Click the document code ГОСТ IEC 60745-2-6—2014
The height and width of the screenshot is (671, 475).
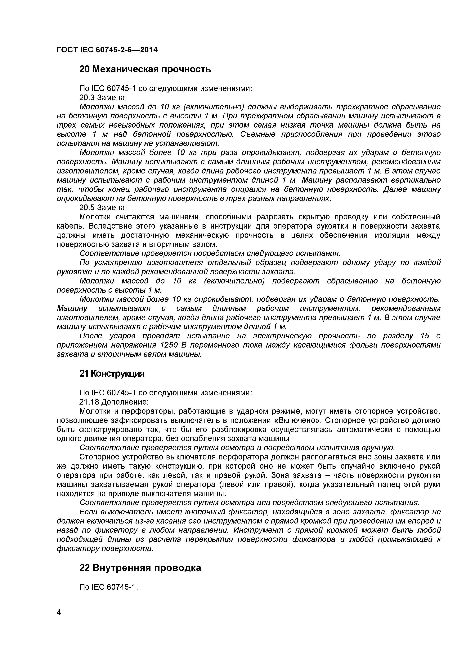(x=107, y=50)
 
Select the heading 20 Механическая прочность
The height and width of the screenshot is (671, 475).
(x=145, y=70)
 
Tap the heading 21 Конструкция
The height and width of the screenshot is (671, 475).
(x=112, y=374)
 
